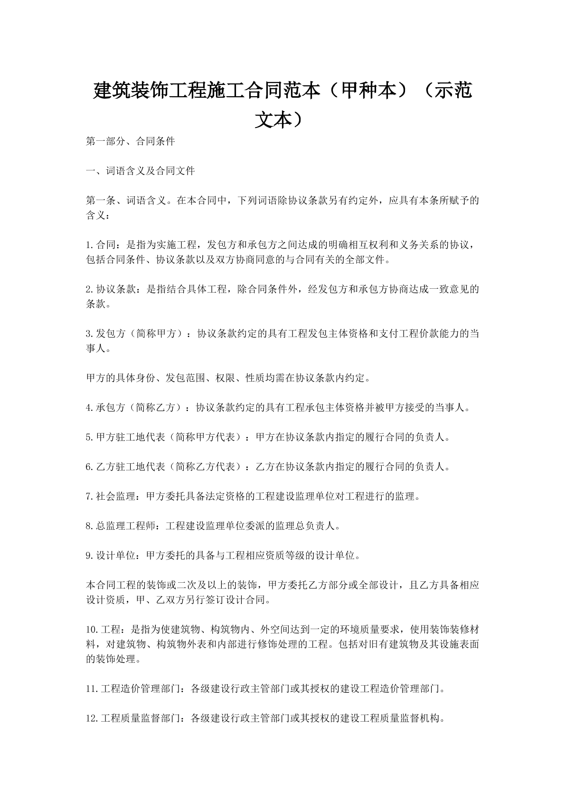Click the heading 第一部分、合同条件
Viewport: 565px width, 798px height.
coord(131,141)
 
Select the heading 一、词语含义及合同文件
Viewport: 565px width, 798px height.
coord(141,171)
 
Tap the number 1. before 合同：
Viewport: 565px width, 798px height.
coord(91,245)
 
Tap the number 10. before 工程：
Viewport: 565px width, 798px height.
coord(93,630)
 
